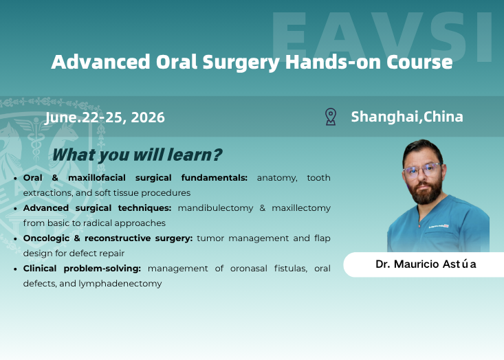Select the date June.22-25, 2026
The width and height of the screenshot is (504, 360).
coord(105,117)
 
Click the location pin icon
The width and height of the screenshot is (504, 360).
coord(331,117)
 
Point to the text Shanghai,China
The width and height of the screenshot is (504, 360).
coord(407,117)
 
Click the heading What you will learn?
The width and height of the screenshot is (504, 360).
coord(138,155)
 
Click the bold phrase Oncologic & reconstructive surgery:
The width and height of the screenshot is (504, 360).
coord(108,238)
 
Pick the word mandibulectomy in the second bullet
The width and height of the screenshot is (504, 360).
coord(215,207)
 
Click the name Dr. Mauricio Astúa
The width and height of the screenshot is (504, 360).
coord(426,264)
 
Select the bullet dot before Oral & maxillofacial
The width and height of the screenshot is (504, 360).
coord(16,178)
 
